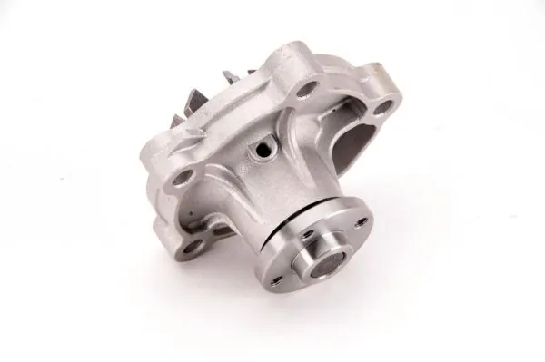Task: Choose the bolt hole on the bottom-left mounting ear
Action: tap(193, 242)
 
